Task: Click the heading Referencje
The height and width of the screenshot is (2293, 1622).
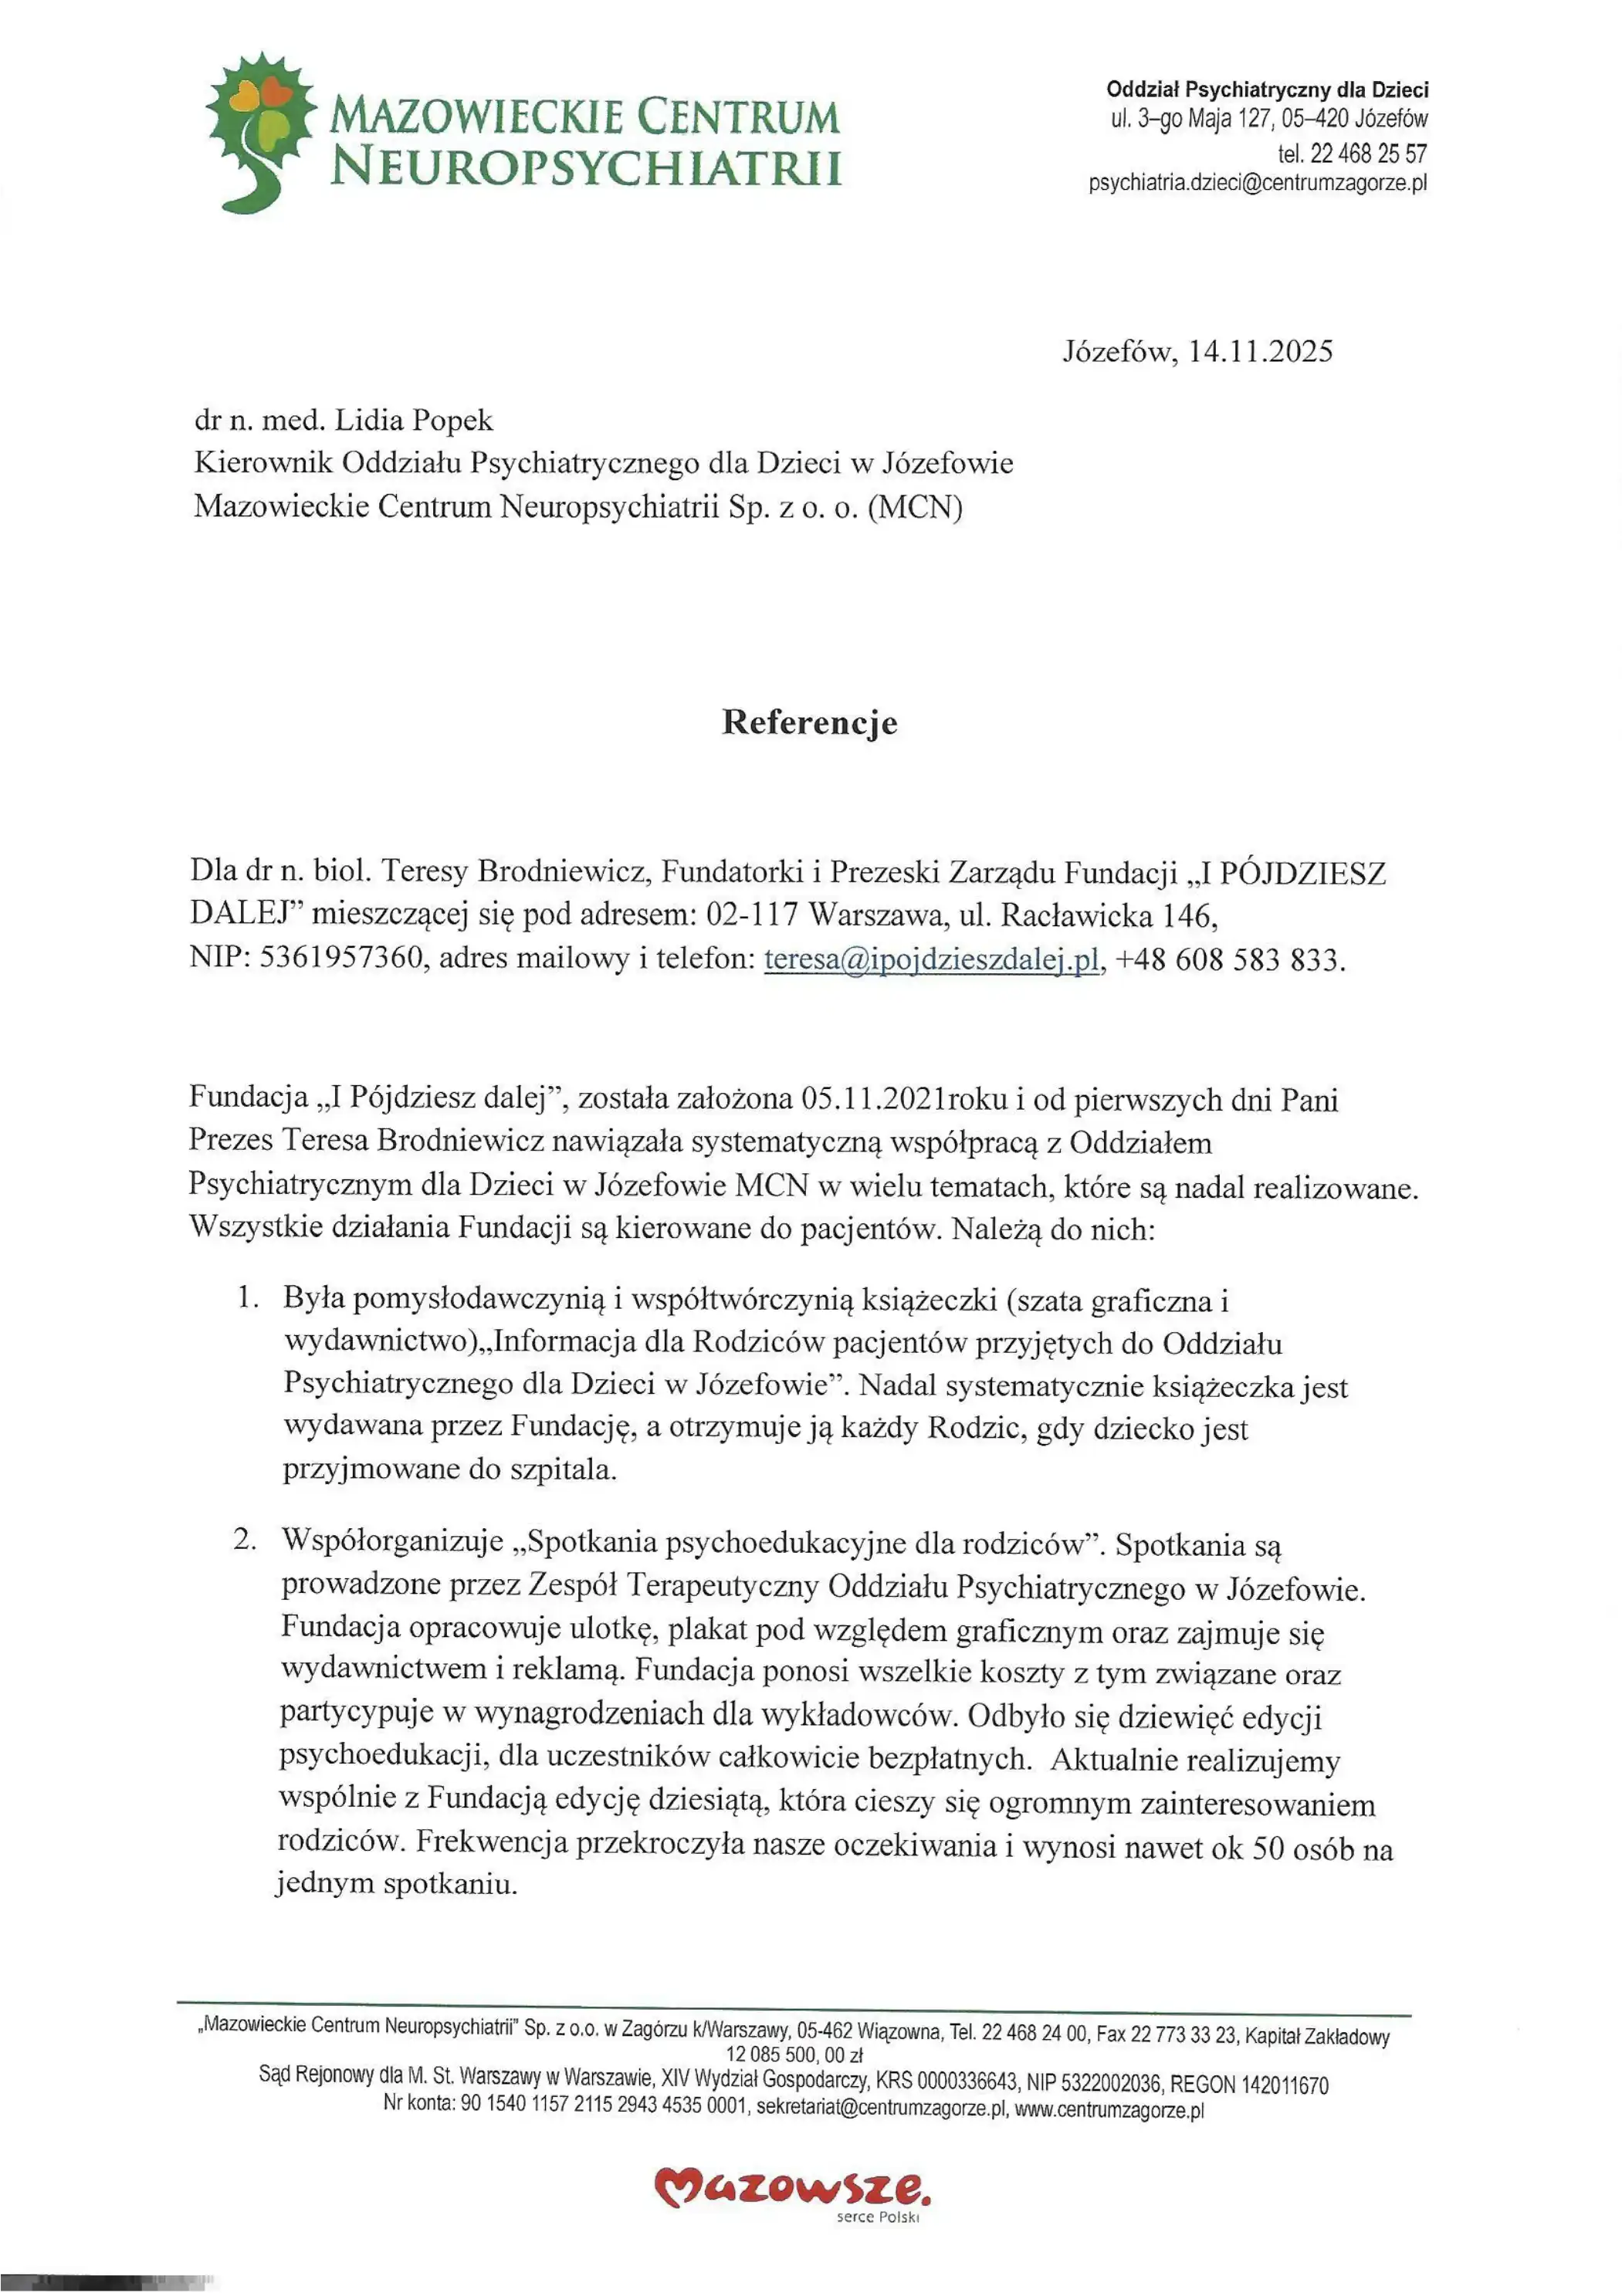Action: point(809,723)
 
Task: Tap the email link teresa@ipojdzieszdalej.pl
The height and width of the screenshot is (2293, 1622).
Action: point(932,960)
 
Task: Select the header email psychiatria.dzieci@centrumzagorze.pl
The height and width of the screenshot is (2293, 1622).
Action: point(1258,184)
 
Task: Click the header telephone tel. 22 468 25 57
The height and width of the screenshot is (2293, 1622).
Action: point(1353,154)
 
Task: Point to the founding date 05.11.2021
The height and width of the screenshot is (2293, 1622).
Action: point(874,1100)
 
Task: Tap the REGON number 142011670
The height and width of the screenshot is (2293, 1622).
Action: point(1285,2085)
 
